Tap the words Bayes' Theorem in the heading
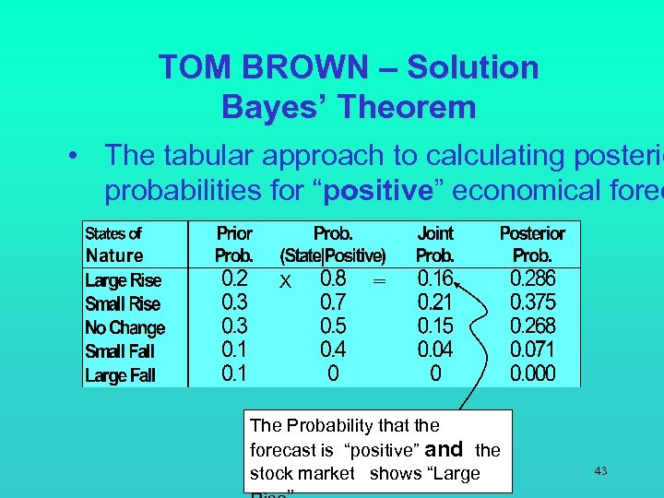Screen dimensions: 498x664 [349, 107]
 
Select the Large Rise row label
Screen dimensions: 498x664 [123, 280]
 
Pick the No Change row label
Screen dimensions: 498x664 [125, 327]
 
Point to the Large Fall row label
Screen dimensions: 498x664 [120, 375]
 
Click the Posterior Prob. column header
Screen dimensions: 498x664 [532, 244]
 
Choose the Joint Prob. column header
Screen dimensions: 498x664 [435, 244]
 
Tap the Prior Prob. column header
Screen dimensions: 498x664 [234, 244]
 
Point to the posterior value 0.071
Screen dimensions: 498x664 [533, 350]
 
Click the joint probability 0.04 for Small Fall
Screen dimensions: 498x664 [435, 350]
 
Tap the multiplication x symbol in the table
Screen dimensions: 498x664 [286, 282]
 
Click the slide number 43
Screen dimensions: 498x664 [600, 471]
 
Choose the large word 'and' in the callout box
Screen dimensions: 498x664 [445, 449]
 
